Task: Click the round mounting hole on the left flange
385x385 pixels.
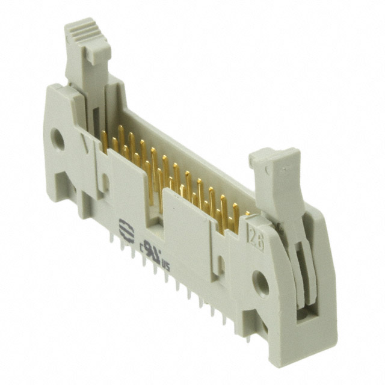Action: click(58, 140)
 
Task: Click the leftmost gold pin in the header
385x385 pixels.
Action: click(104, 140)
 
